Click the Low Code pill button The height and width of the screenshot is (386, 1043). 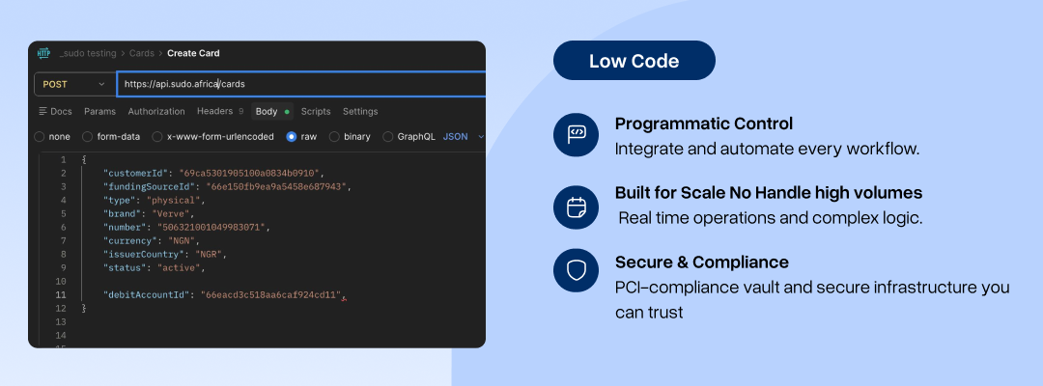click(634, 61)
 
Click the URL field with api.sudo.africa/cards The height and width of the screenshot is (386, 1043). click(301, 84)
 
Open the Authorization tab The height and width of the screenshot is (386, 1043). click(156, 112)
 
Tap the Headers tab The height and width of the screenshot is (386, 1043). click(214, 111)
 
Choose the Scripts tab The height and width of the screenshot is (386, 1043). click(315, 112)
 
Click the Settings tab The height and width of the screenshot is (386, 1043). click(360, 112)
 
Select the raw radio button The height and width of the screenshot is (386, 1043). click(292, 137)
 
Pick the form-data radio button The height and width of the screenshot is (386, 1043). click(87, 137)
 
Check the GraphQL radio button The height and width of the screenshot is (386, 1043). click(388, 137)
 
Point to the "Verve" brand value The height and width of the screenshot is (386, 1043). click(172, 214)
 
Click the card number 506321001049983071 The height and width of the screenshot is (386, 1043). click(211, 227)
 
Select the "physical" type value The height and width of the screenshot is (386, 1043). click(174, 200)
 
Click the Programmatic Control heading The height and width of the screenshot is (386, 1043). click(704, 124)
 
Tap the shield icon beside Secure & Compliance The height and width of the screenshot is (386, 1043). click(576, 270)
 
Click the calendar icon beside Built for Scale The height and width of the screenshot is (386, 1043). click(576, 207)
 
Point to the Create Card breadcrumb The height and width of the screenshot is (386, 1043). click(193, 53)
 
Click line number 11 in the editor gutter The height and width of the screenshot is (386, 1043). click(61, 294)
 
